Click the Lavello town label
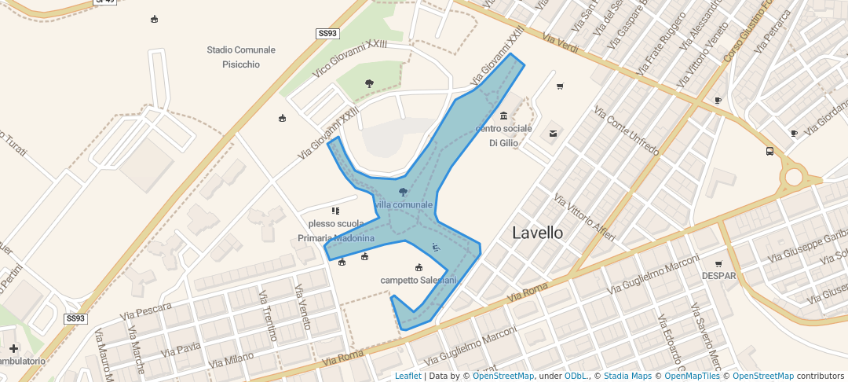tap(538, 233)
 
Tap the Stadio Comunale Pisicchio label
tap(241, 57)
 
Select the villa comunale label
tap(404, 205)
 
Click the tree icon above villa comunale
tap(404, 192)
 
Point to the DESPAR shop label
tap(718, 276)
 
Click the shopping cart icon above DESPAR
tap(718, 264)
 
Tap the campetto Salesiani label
tap(419, 280)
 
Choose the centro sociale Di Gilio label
tap(503, 135)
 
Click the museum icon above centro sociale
tap(503, 116)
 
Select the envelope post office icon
tap(554, 134)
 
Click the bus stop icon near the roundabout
tap(769, 152)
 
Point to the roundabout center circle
tap(794, 176)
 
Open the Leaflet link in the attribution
tap(408, 376)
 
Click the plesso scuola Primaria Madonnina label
tap(336, 230)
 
